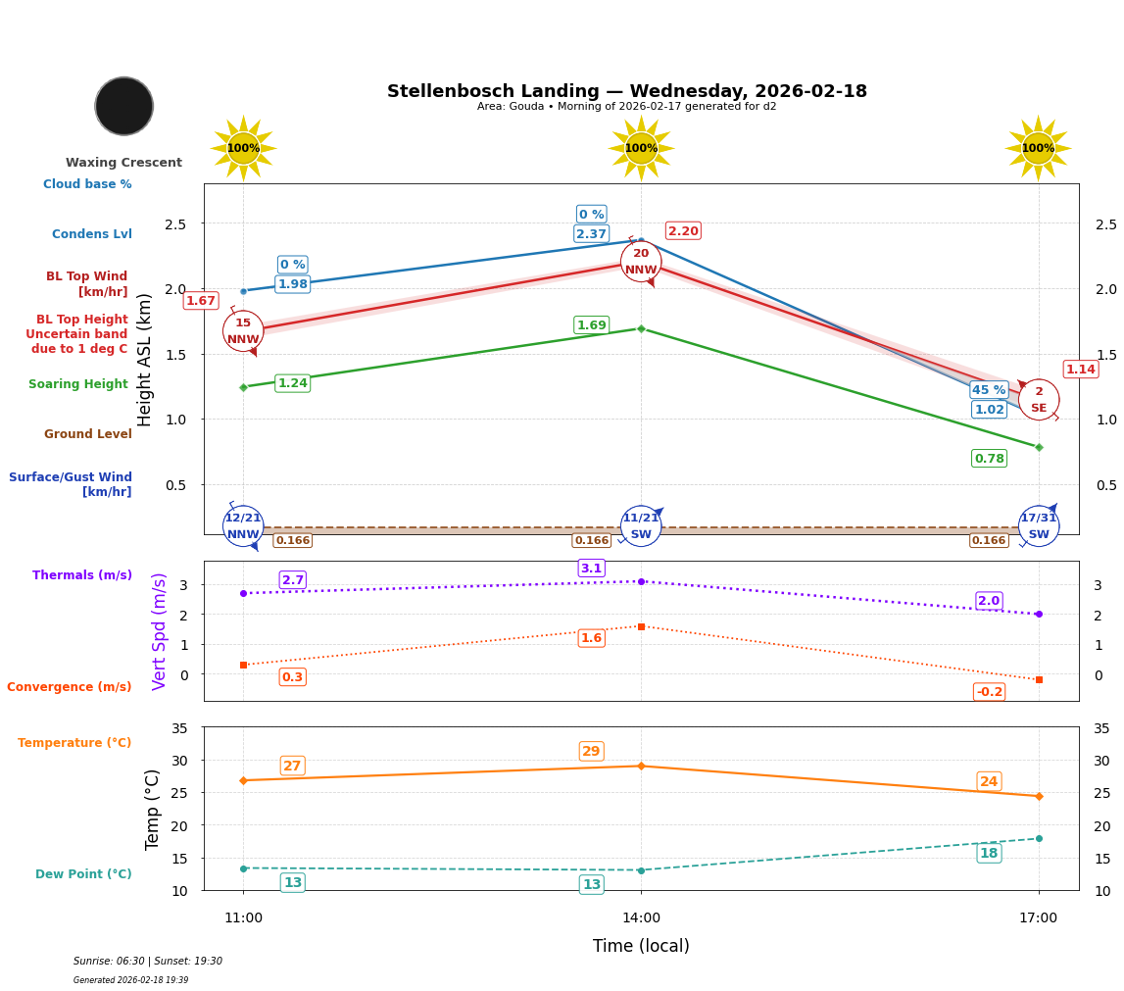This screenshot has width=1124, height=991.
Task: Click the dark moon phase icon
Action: pos(124,106)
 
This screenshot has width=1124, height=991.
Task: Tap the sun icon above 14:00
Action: pos(641,148)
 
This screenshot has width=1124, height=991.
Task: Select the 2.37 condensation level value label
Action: pos(591,234)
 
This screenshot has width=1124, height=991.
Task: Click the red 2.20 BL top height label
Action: pos(683,231)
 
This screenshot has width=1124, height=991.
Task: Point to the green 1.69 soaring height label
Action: pos(591,325)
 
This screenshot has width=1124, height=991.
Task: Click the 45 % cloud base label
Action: pos(989,390)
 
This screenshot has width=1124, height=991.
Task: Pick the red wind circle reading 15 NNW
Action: pos(243,331)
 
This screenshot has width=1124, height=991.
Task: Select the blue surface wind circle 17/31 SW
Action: pos(1039,526)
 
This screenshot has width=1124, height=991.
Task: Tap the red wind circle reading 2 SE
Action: pos(1039,400)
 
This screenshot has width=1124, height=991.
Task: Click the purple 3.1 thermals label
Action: pos(591,569)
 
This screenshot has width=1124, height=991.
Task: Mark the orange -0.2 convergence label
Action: pos(989,692)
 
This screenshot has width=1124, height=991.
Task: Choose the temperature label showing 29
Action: pos(591,752)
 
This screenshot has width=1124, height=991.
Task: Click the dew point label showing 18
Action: pos(989,854)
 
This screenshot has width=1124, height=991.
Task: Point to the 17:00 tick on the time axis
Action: pos(1039,918)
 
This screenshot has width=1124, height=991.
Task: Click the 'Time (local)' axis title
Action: pos(641,946)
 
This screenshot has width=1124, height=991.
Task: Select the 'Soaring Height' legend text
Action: pos(78,385)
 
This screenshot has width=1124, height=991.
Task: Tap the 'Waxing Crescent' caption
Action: pos(123,163)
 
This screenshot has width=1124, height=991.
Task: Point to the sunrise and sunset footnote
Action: pos(148,962)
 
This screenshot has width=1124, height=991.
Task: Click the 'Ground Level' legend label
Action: pos(88,434)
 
